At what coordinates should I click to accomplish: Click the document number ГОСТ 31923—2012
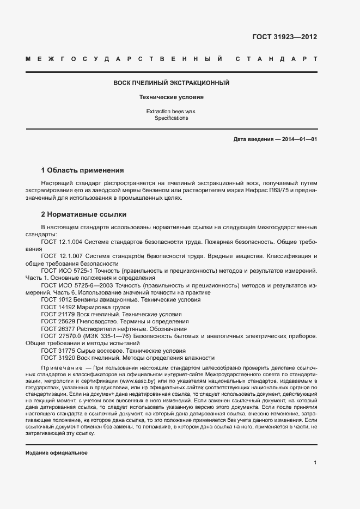point(284,37)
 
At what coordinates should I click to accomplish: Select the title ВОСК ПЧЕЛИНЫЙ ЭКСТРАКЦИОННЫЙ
point(171,83)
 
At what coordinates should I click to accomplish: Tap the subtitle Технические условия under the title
point(171,97)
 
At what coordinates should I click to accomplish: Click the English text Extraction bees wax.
point(171,111)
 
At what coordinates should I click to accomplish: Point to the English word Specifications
point(171,118)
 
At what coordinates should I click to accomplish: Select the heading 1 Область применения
point(82,170)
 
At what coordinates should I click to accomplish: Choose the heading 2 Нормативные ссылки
point(83,214)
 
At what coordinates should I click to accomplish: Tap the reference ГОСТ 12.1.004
point(62,240)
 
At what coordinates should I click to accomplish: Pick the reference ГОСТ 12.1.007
point(62,255)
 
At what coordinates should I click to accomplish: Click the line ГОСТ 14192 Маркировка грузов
point(86,307)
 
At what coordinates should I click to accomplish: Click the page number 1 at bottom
point(315,463)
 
